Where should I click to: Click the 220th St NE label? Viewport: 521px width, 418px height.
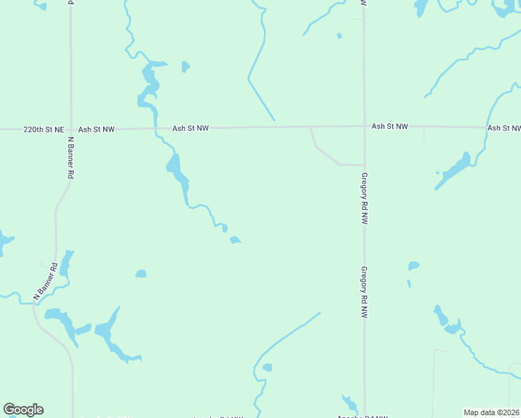pyautogui.click(x=43, y=130)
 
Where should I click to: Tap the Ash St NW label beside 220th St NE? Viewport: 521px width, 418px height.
pyautogui.click(x=96, y=130)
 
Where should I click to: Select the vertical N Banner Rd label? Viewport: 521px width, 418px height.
pyautogui.click(x=70, y=158)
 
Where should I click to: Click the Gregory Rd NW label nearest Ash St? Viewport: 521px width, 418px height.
pyautogui.click(x=364, y=198)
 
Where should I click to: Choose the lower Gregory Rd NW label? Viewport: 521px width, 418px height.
pyautogui.click(x=364, y=293)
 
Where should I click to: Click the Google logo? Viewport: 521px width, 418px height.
pyautogui.click(x=23, y=410)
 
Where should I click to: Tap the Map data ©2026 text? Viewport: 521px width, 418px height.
pyautogui.click(x=491, y=412)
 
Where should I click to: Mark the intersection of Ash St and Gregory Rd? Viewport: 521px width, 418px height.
pyautogui.click(x=364, y=127)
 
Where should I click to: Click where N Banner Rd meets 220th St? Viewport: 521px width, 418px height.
pyautogui.click(x=70, y=129)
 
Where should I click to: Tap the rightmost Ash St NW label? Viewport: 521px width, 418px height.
pyautogui.click(x=504, y=128)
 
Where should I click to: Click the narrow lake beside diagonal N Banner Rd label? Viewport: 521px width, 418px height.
pyautogui.click(x=65, y=263)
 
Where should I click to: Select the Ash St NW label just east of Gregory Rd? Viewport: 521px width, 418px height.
pyautogui.click(x=389, y=126)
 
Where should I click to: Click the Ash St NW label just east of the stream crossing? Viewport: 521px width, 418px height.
pyautogui.click(x=191, y=128)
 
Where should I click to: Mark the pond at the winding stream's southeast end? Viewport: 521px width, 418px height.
pyautogui.click(x=235, y=240)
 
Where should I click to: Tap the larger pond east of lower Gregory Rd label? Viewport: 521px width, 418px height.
pyautogui.click(x=414, y=265)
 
